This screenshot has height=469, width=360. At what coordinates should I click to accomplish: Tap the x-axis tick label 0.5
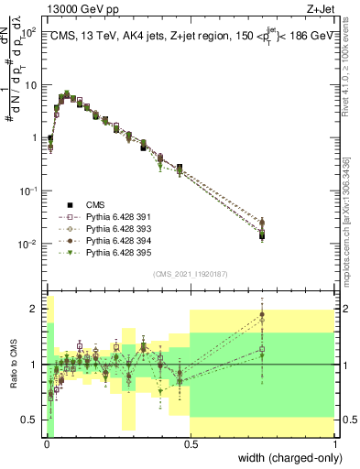pyautogui.click(x=191, y=444)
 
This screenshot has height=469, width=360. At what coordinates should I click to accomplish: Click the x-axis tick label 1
pyautogui.click(x=335, y=444)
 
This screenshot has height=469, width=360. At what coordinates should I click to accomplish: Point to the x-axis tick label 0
pyautogui.click(x=47, y=444)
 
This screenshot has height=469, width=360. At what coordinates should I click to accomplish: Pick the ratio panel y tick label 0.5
pyautogui.click(x=32, y=420)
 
